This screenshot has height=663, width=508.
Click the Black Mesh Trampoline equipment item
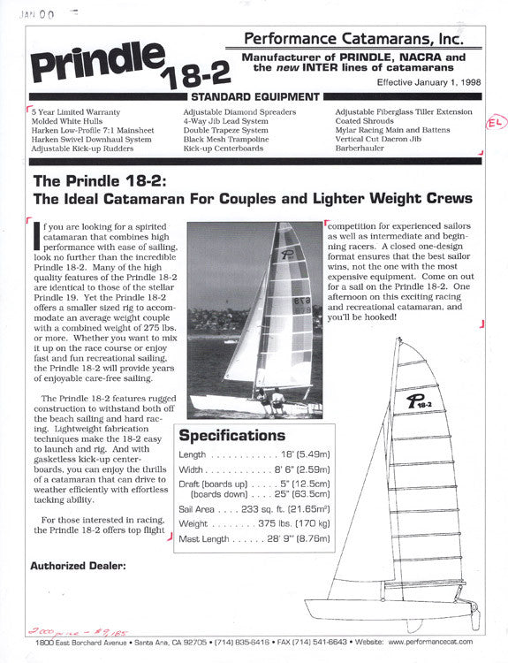point(226,140)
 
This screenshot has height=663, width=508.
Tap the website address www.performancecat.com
point(433,641)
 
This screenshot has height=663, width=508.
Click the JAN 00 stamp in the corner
point(34,14)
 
